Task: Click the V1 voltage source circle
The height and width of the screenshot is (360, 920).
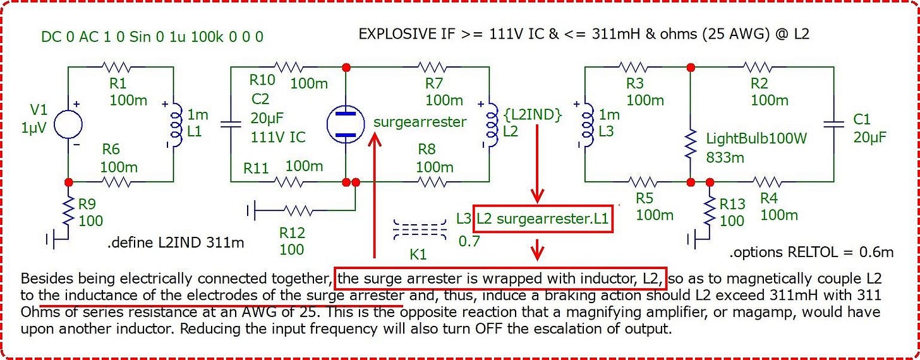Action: pyautogui.click(x=68, y=124)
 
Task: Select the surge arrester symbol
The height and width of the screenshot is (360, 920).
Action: pyautogui.click(x=346, y=124)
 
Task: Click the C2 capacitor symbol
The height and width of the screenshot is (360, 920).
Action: pyautogui.click(x=231, y=124)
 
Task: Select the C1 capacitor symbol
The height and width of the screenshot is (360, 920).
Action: pyautogui.click(x=834, y=124)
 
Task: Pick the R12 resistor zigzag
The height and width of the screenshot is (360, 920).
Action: pyautogui.click(x=298, y=211)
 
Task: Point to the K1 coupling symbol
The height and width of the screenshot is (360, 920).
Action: pyautogui.click(x=420, y=229)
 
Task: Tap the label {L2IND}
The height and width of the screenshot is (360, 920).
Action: pyautogui.click(x=533, y=115)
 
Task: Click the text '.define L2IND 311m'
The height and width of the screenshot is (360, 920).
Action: pyautogui.click(x=176, y=243)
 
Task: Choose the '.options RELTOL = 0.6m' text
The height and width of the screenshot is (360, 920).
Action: pyautogui.click(x=811, y=252)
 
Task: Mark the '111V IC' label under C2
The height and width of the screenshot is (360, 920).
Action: pyautogui.click(x=278, y=136)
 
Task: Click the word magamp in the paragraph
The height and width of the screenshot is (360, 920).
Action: pyautogui.click(x=763, y=312)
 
